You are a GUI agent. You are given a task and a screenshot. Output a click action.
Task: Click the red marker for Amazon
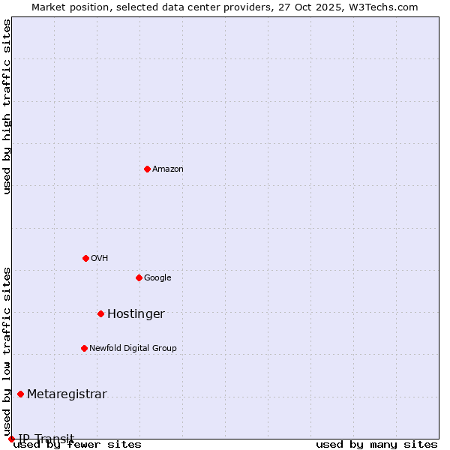[x=147, y=169]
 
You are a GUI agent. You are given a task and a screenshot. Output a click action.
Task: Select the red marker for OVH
[x=85, y=258]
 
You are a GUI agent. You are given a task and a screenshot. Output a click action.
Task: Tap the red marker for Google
[x=139, y=277]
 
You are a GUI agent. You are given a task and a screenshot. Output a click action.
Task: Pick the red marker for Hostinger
[x=100, y=313]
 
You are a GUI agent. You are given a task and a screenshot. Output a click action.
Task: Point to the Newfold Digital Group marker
[x=84, y=348]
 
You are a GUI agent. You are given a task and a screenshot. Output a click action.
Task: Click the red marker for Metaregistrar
[x=20, y=394]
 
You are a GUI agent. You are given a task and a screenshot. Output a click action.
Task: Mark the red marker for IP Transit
[x=11, y=439]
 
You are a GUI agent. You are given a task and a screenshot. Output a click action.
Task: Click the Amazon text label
[x=168, y=169]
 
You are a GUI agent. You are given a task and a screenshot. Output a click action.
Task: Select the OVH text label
[x=100, y=259]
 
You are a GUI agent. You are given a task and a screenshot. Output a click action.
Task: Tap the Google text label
[x=157, y=278]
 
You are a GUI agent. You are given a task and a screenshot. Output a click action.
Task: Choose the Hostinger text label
[x=136, y=314]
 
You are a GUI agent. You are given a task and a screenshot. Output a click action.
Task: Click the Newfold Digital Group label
[x=133, y=349]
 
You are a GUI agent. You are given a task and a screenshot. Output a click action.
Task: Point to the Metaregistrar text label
[x=67, y=394]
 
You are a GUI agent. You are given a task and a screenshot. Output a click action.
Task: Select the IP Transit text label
[x=46, y=439]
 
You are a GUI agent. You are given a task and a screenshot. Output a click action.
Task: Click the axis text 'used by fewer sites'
[x=77, y=445]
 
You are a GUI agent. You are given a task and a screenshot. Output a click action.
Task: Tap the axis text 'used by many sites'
[x=376, y=445]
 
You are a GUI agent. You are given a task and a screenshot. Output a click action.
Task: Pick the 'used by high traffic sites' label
[x=7, y=106]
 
